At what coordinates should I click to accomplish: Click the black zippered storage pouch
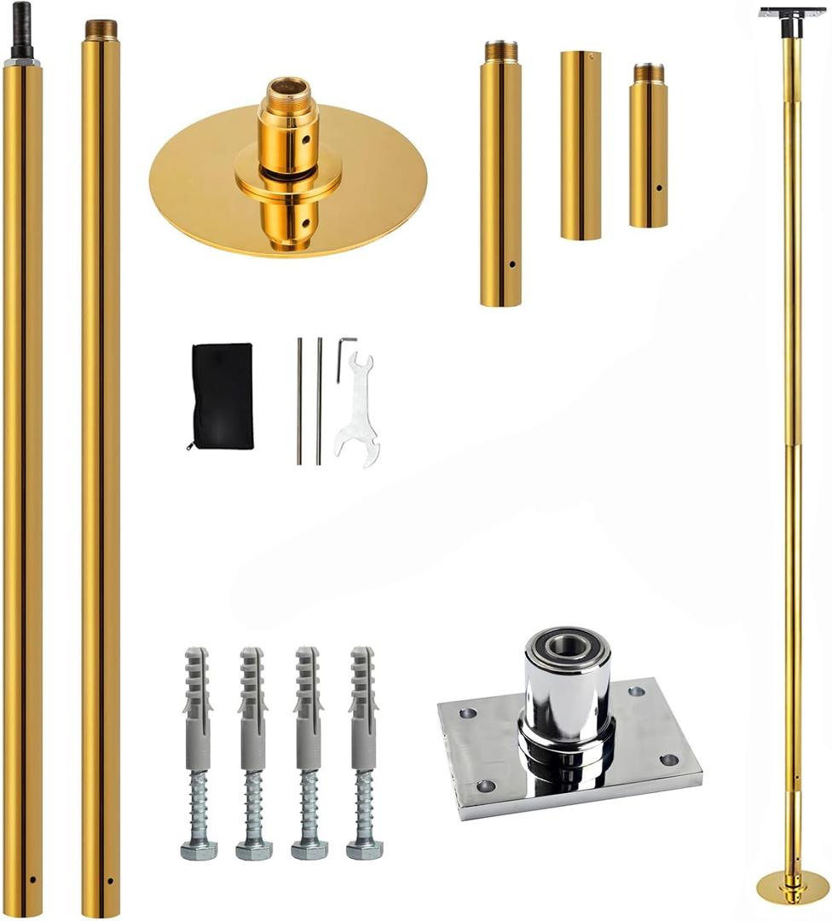(222, 396)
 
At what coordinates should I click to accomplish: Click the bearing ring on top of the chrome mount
(566, 646)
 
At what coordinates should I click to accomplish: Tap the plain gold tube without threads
(581, 145)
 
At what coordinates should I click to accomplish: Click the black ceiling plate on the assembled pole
(792, 13)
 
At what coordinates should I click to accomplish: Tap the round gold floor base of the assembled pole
(793, 888)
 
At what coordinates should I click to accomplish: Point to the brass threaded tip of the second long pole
(101, 28)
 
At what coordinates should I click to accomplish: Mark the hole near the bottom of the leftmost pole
(32, 879)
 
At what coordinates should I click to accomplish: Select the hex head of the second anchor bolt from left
(254, 849)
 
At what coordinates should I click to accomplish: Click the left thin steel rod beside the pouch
(299, 401)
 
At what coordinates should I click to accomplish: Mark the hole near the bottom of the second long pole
(110, 879)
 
